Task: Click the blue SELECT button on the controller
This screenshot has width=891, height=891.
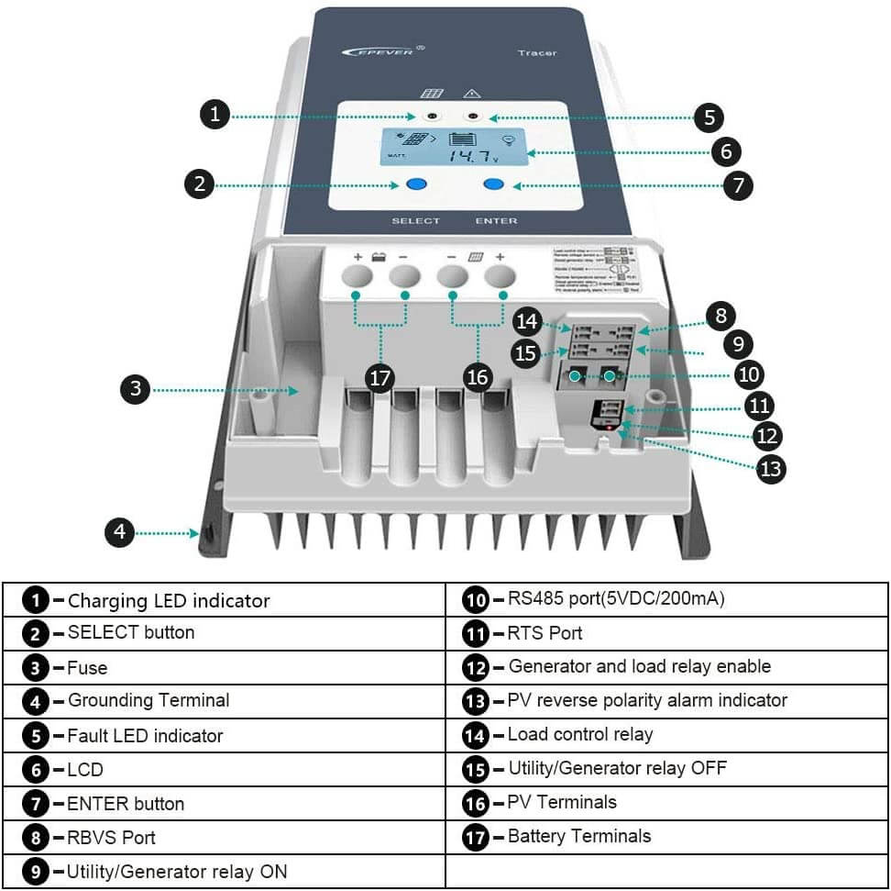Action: (415, 184)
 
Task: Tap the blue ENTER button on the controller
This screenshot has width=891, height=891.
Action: (494, 184)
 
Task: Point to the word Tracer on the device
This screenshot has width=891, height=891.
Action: (536, 52)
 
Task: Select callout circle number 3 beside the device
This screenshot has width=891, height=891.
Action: (136, 389)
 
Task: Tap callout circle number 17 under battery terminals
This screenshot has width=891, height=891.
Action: (379, 377)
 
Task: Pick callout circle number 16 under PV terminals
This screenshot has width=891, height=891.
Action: (477, 377)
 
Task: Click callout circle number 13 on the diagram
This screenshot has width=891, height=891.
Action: (771, 468)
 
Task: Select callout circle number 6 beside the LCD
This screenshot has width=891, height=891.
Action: (725, 151)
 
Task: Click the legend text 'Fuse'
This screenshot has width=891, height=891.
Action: (87, 667)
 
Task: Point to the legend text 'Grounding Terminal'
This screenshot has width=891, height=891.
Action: (148, 700)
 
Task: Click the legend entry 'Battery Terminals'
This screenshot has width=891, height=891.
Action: (579, 836)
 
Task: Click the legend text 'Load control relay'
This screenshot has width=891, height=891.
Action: (580, 734)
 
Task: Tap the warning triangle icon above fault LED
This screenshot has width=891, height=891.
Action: (473, 94)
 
